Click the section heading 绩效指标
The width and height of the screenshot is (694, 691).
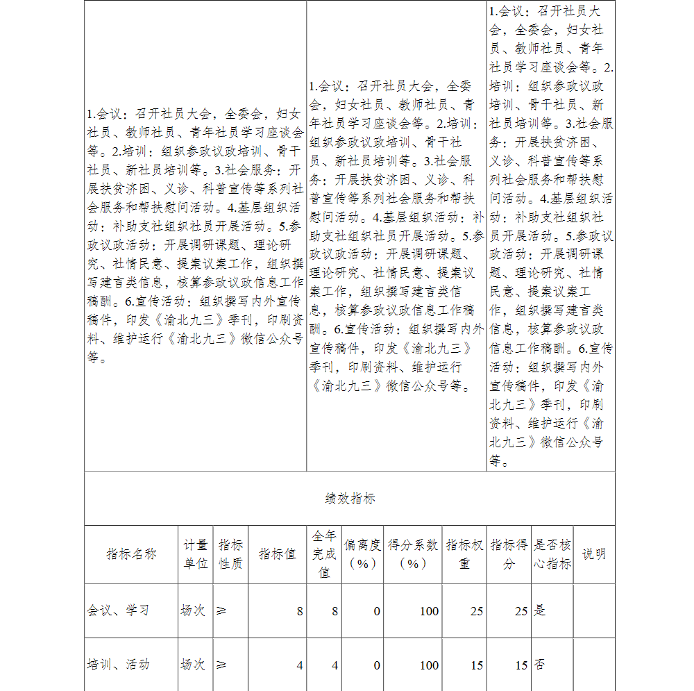click(350, 499)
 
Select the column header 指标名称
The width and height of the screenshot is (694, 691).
click(131, 554)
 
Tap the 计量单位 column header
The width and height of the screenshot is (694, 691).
click(196, 554)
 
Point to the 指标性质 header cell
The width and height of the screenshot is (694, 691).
click(231, 554)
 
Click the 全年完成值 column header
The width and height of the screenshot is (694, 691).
click(324, 554)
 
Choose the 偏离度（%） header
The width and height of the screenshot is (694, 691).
click(362, 554)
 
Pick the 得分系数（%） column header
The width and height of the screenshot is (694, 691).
click(413, 554)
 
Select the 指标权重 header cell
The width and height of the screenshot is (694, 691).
click(464, 554)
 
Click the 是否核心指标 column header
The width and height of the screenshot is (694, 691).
click(552, 554)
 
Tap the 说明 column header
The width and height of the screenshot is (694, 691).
click(594, 554)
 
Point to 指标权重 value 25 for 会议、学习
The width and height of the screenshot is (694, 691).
click(476, 612)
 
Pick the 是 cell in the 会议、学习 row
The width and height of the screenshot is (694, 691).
click(540, 611)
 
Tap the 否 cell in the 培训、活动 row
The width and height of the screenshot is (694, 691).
click(540, 665)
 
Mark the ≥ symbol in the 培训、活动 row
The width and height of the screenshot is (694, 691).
click(221, 665)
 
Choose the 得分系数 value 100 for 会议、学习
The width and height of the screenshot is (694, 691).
click(429, 612)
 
